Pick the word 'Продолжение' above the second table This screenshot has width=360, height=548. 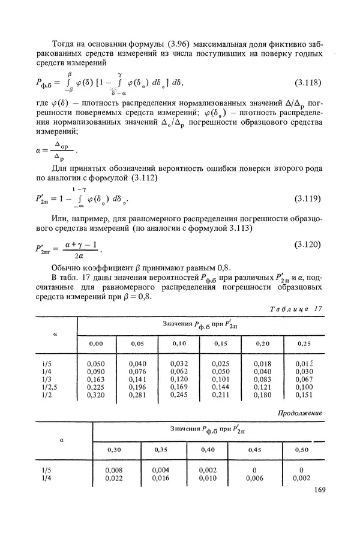click(301, 413)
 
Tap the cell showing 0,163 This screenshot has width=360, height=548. click(95, 379)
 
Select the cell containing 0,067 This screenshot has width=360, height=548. click(304, 379)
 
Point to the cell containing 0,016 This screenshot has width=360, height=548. click(161, 478)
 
